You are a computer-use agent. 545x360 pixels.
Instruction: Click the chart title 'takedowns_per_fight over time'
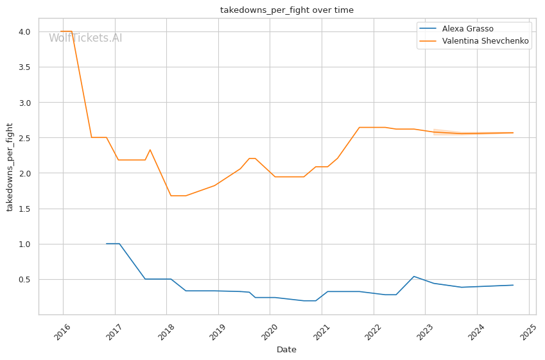(287, 10)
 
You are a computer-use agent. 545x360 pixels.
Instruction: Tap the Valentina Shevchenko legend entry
(475, 41)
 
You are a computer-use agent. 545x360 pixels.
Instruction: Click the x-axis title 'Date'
(286, 350)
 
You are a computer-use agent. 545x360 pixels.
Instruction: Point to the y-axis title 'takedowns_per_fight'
(10, 167)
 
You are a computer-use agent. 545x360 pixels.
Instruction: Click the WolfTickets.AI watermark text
(85, 39)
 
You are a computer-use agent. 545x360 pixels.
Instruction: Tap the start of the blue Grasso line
(107, 244)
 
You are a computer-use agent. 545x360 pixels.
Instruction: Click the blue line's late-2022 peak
(414, 277)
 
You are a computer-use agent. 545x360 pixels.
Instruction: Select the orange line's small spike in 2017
(150, 150)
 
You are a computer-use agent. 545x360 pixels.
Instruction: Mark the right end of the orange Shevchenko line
(513, 133)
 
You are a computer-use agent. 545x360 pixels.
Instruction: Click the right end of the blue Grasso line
(513, 285)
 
